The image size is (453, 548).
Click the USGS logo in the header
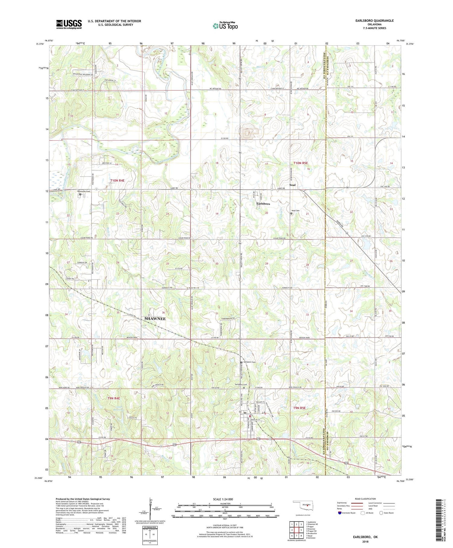tap(69, 24)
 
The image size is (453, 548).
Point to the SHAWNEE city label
tap(155, 319)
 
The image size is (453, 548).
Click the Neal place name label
tap(292, 185)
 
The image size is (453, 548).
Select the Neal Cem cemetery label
tap(295, 211)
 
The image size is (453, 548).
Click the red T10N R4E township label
tap(117, 180)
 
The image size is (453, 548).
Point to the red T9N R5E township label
tap(299, 408)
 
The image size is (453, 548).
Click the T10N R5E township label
tap(300, 163)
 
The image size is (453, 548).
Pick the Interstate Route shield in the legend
tap(340, 513)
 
